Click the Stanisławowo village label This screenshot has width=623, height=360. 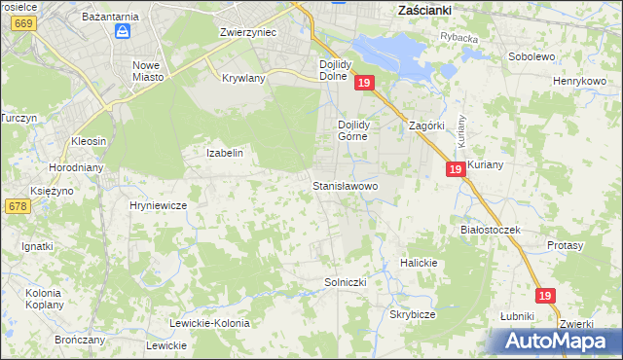(345, 185)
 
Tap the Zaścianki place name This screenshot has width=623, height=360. (430, 9)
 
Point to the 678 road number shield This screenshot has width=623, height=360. (17, 206)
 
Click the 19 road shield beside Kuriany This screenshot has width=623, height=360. (456, 169)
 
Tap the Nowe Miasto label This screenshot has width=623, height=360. (152, 71)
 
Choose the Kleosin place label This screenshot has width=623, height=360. (88, 141)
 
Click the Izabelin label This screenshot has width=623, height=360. (224, 153)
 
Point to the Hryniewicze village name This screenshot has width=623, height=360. (158, 206)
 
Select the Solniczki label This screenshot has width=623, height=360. (345, 282)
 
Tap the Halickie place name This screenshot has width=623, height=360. (420, 264)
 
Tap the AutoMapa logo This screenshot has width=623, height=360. (558, 341)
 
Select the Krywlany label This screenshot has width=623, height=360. (244, 78)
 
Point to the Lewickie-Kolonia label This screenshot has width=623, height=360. (209, 323)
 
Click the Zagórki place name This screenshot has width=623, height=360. (426, 126)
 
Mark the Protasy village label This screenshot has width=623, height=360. (565, 246)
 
